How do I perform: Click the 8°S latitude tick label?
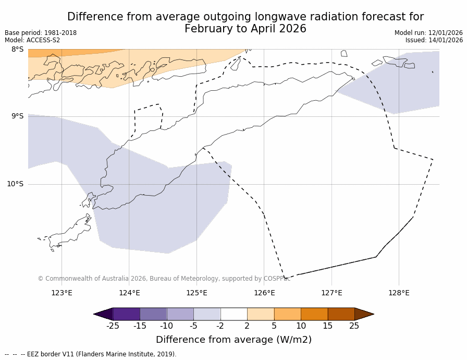[x=17, y=49]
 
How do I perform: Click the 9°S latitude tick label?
[x=17, y=116]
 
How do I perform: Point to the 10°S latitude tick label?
[x=15, y=184]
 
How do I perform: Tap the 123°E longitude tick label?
[x=62, y=293]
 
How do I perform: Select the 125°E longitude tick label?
[x=196, y=293]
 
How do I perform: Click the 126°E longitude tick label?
[x=264, y=293]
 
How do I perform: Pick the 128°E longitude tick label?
[x=399, y=293]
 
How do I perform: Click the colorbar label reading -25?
[x=113, y=326]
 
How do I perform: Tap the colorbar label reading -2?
[x=220, y=326]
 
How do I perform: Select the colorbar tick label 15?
[x=327, y=326]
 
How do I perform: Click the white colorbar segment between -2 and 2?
[x=233, y=314]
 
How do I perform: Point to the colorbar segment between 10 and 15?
[x=314, y=314]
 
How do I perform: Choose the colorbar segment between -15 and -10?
[x=153, y=314]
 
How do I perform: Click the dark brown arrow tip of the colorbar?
[x=364, y=314]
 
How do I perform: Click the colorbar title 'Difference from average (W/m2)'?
[x=233, y=340]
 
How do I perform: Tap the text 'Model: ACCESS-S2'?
[x=32, y=40]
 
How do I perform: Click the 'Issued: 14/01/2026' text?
[x=434, y=40]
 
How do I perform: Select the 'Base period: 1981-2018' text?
[x=41, y=33]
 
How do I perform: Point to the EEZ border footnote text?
[x=91, y=354]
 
